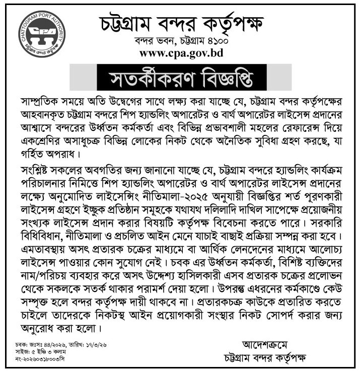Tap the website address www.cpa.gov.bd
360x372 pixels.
181,53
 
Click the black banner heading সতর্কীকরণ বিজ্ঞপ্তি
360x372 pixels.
181,80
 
